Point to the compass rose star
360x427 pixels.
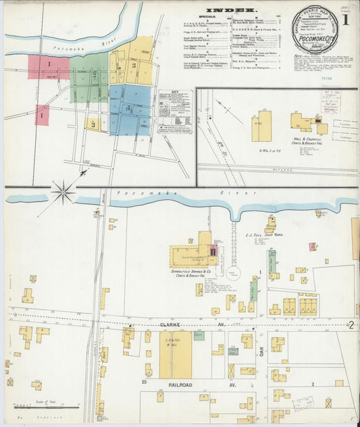pos(63,193)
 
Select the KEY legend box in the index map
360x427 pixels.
pos(174,111)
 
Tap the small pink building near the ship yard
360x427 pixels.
pos(312,247)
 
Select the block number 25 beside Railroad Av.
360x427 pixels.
pos(144,382)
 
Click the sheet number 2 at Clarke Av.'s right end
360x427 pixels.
pos(352,325)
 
